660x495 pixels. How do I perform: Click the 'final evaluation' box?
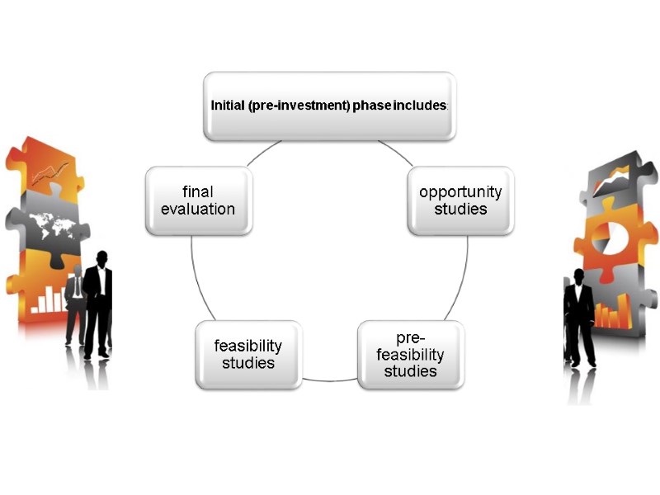[198, 200]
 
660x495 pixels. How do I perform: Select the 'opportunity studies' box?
[460, 200]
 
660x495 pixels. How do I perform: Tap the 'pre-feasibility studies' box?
[410, 355]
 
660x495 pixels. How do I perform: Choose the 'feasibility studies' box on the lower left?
[248, 354]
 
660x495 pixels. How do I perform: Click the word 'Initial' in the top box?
[228, 106]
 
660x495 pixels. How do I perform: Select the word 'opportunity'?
[460, 192]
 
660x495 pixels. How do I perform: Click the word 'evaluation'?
[198, 209]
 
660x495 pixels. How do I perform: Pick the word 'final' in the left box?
[198, 192]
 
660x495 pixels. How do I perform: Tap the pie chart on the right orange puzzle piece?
[606, 238]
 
